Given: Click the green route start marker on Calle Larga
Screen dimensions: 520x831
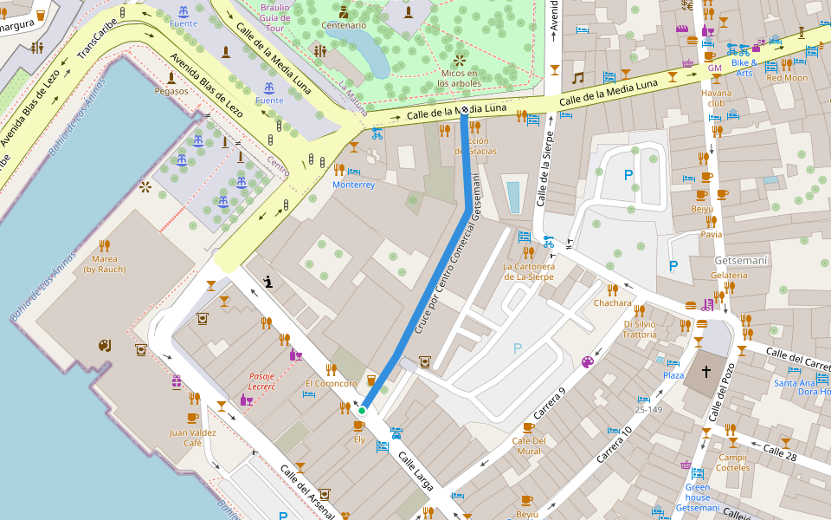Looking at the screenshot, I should pos(363,411).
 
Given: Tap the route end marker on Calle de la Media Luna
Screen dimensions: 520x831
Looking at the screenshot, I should pos(465,110).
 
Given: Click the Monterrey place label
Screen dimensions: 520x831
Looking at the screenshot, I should pos(354,185).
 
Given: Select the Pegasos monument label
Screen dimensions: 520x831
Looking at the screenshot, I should pos(171,90).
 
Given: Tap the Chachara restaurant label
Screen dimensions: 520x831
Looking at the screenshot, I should pos(613,303).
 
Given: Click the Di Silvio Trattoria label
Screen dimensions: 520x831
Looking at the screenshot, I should pos(640,329).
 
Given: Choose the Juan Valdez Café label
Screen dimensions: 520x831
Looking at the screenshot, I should pos(191,438).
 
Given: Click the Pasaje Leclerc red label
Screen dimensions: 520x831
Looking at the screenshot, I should pos(261,381).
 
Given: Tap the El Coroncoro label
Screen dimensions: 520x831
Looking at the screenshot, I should pos(331,384).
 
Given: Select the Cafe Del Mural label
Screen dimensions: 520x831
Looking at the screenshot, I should pos(526,445).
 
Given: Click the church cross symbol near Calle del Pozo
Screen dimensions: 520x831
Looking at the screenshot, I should pos(706,373).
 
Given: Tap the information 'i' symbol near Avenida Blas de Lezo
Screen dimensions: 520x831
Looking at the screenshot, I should pos(269,281).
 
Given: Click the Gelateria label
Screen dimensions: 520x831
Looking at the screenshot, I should pos(728,275).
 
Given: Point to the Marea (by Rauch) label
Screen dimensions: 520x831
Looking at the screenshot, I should pos(105,263).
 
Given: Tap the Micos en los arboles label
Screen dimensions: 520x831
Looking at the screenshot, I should pos(458,78).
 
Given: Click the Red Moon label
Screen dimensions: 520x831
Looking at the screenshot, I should pos(786,78).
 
